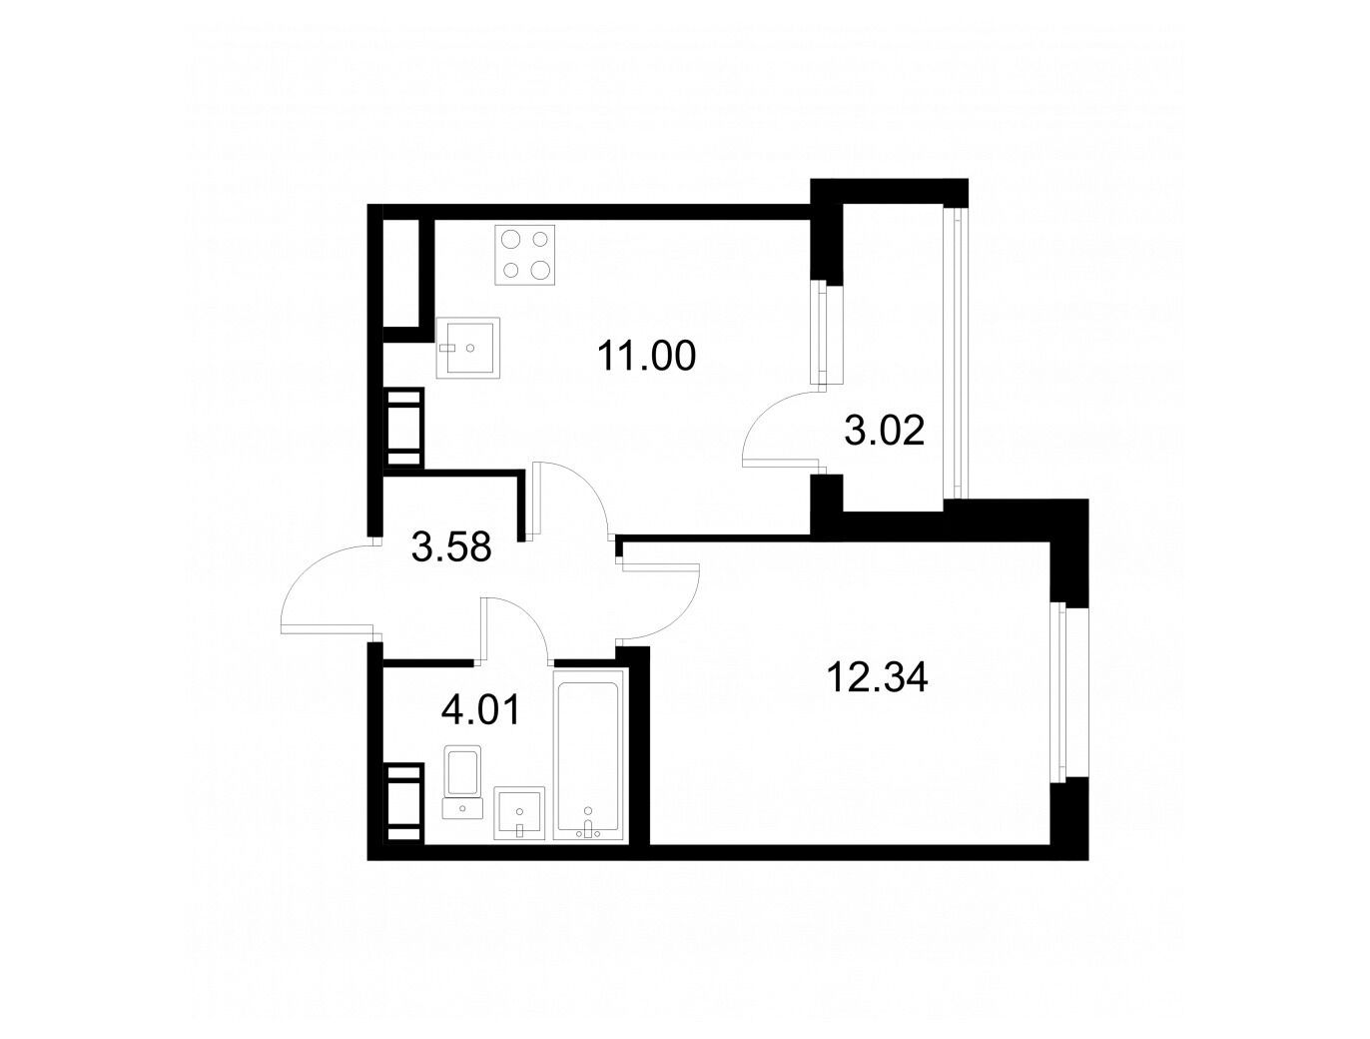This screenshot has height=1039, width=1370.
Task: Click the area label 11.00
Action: tap(646, 357)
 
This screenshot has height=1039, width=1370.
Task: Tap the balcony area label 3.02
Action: tap(884, 431)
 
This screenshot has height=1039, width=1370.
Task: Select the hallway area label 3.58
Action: tap(452, 546)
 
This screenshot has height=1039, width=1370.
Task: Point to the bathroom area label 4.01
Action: tap(480, 710)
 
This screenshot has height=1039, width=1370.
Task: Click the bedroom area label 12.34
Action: tap(877, 677)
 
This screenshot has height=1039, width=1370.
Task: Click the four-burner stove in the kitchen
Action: tap(525, 255)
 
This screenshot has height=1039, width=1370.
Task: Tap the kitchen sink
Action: tap(468, 348)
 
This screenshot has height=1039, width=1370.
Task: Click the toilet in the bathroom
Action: tap(462, 781)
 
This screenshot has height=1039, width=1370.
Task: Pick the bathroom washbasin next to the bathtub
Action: tap(519, 813)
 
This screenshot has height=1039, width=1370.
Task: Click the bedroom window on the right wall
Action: tap(1058, 691)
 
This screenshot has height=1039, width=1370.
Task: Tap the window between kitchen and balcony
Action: tap(819, 332)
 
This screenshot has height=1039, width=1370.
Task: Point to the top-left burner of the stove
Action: tap(511, 239)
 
